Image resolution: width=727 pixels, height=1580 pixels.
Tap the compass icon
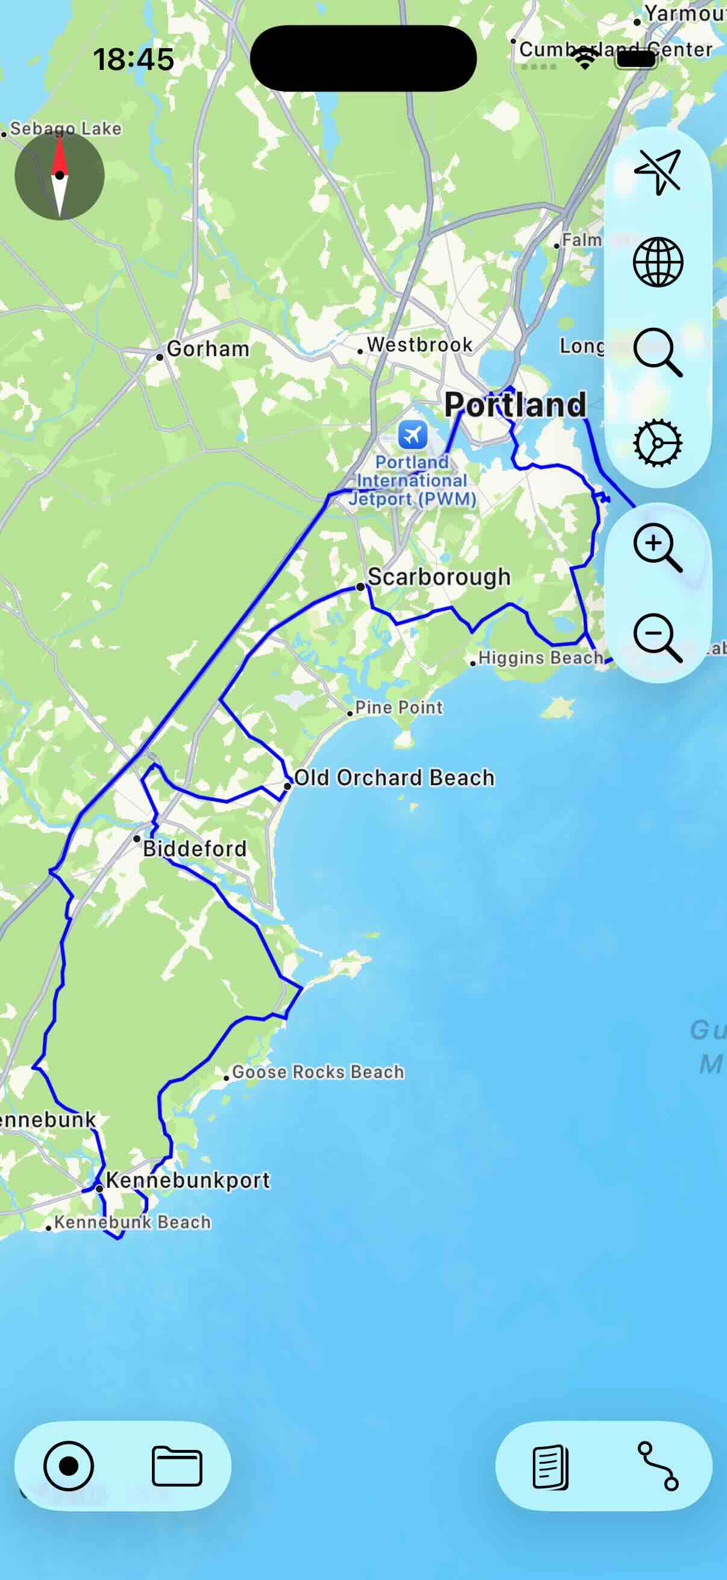pyautogui.click(x=60, y=175)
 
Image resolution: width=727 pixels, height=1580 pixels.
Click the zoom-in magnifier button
pyautogui.click(x=657, y=547)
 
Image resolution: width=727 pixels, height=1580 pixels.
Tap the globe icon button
pyautogui.click(x=658, y=262)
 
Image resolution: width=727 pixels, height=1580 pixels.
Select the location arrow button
pyautogui.click(x=658, y=172)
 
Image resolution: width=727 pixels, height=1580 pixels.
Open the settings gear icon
pyautogui.click(x=658, y=442)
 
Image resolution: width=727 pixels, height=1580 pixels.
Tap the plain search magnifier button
pyautogui.click(x=658, y=351)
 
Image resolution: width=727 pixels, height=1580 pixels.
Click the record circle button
pyautogui.click(x=69, y=1466)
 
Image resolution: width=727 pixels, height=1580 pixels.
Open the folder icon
pyautogui.click(x=177, y=1466)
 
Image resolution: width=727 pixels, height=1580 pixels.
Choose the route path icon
pyautogui.click(x=658, y=1466)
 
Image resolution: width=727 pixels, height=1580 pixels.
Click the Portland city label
pyautogui.click(x=515, y=405)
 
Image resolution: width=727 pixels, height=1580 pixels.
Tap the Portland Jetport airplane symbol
pyautogui.click(x=413, y=435)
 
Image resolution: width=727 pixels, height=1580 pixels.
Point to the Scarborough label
pyautogui.click(x=439, y=577)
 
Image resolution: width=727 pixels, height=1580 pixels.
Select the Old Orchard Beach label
pyautogui.click(x=394, y=778)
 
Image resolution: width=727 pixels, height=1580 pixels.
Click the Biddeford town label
pyautogui.click(x=195, y=849)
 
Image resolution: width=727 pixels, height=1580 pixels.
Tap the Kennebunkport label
pyautogui.click(x=187, y=1180)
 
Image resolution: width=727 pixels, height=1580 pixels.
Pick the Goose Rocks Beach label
pyautogui.click(x=318, y=1072)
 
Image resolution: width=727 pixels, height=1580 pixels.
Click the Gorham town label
pyautogui.click(x=208, y=349)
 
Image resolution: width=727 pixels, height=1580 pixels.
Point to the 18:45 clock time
pyautogui.click(x=133, y=60)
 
